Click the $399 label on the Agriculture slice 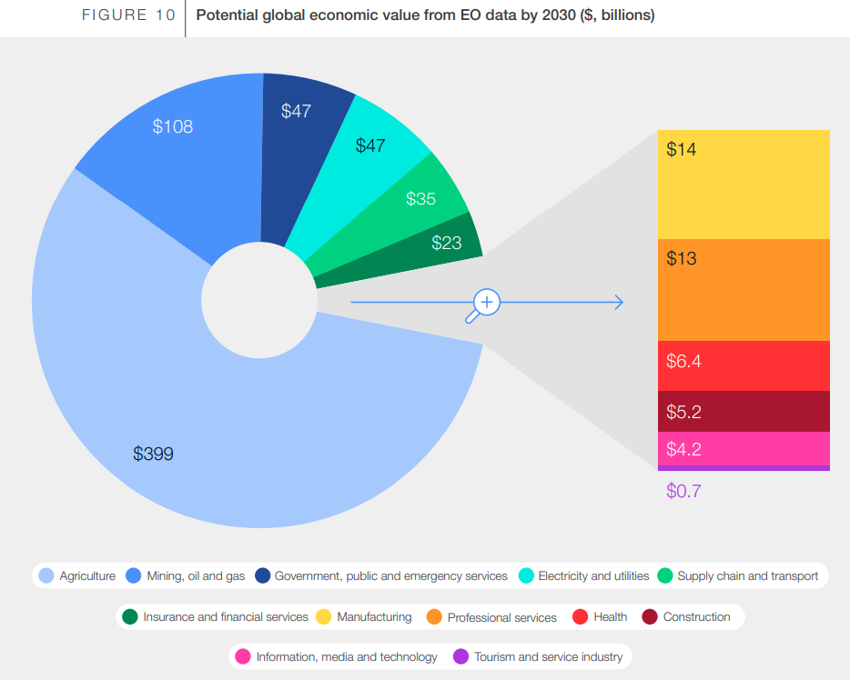(x=153, y=454)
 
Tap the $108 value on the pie (x=173, y=126)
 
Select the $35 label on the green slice (x=420, y=198)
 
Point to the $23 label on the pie (x=446, y=243)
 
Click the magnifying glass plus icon (x=487, y=302)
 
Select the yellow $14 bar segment (x=744, y=185)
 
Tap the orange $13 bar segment (x=744, y=290)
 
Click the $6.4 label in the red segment (x=683, y=361)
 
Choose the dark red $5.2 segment (x=744, y=412)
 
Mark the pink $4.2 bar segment (x=744, y=449)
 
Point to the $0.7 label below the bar (x=683, y=492)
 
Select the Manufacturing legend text (x=374, y=617)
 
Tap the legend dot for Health (x=579, y=617)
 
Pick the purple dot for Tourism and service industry (x=460, y=656)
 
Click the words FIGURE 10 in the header (x=127, y=15)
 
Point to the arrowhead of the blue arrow (x=619, y=302)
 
